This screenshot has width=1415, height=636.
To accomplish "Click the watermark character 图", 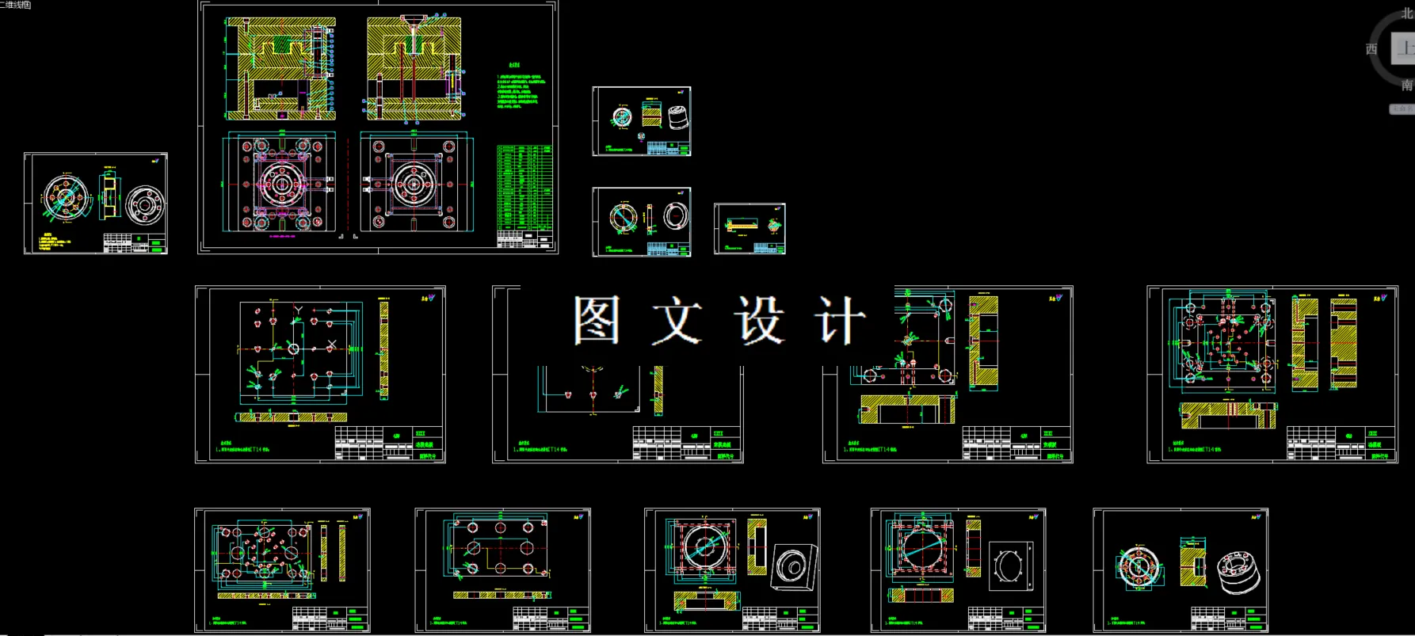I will pos(596,320).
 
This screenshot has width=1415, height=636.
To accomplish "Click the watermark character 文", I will pos(677,320).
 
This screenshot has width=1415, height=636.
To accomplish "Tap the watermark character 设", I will pos(759,320).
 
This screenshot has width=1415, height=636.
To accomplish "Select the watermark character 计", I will pos(840,320).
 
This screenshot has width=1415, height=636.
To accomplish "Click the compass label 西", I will pos(1371,49).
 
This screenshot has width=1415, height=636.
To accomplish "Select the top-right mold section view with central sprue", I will pos(414,70).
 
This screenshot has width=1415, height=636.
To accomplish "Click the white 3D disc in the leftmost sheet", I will pos(145,204).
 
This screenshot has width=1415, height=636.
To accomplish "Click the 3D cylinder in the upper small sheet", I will pos(677,119).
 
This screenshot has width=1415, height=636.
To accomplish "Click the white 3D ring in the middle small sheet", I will pos(675,216).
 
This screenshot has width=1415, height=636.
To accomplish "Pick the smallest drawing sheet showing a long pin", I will pos(749,229).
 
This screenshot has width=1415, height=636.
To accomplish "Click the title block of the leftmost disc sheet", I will pos(135,242).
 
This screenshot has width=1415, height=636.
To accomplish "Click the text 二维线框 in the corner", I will pos(16,5).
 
